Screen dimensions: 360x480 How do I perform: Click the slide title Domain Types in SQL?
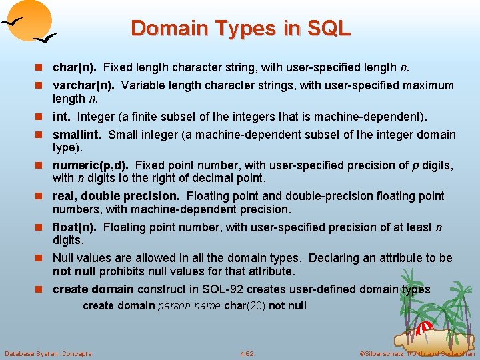pos(240,28)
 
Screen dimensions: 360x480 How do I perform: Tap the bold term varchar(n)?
pos(83,85)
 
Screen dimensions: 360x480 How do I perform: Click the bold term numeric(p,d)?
pos(91,165)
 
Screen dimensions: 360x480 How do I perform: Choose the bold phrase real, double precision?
pos(116,196)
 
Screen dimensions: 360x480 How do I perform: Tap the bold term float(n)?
pos(75,227)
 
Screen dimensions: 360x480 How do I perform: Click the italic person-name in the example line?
pos(189,306)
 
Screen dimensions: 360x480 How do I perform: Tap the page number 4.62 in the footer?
pos(247,353)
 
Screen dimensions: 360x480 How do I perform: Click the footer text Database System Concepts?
pos(48,353)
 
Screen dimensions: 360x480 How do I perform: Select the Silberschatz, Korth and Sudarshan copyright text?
pos(417,353)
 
